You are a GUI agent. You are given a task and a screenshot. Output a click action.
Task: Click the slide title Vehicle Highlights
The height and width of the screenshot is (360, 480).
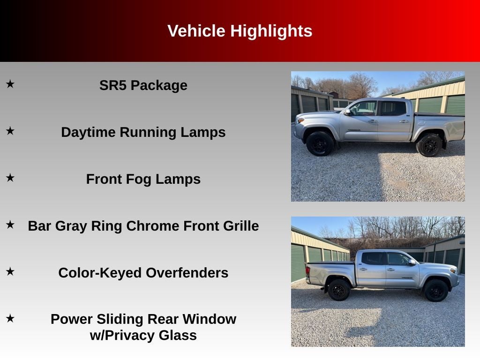click(240, 31)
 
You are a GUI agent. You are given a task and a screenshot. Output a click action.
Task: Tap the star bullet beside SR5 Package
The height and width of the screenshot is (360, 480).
click(10, 84)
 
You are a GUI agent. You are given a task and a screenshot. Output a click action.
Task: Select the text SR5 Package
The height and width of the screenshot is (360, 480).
click(143, 85)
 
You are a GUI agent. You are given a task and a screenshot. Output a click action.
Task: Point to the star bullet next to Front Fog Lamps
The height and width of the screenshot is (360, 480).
click(10, 178)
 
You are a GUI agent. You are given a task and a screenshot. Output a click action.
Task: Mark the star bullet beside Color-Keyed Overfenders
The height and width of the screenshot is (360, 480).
click(10, 271)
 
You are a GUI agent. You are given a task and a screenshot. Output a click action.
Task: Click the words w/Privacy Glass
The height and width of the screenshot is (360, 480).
click(143, 336)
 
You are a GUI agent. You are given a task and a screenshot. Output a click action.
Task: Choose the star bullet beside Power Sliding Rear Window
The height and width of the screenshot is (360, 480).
click(10, 318)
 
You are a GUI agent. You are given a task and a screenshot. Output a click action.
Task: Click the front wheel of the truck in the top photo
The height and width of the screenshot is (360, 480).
click(320, 143)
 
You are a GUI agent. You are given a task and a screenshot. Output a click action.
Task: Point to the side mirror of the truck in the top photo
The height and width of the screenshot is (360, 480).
click(347, 112)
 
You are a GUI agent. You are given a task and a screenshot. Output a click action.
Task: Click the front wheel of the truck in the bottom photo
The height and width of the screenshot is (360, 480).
click(436, 290)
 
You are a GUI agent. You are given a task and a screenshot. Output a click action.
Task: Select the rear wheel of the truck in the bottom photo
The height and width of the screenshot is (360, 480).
click(338, 290)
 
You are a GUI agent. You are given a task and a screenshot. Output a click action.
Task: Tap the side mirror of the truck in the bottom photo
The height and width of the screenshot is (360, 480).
click(411, 262)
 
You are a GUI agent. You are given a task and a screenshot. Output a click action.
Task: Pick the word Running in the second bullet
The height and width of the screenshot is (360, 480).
click(148, 132)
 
